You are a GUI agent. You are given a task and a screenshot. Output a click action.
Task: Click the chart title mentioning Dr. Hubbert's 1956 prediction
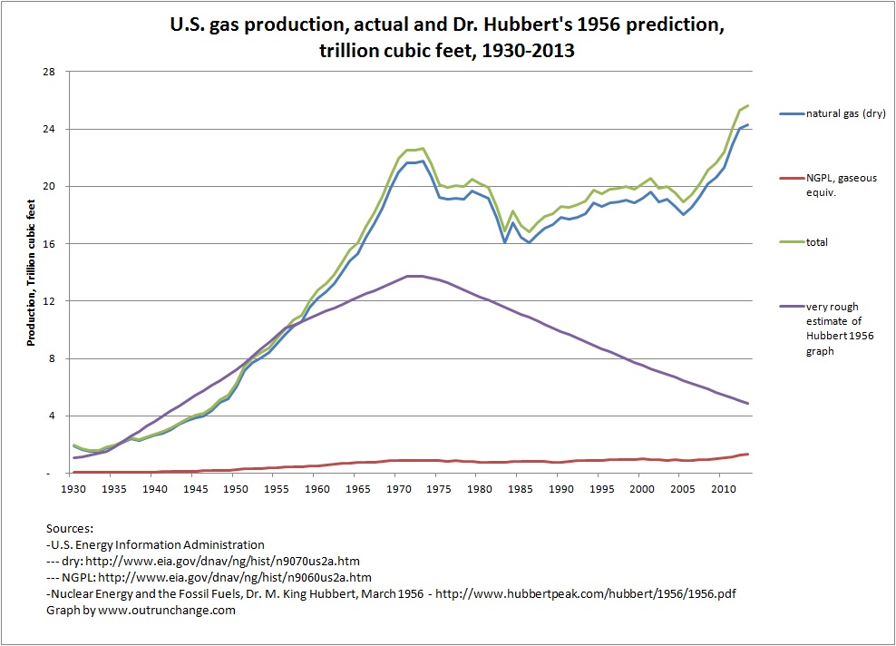point(447,36)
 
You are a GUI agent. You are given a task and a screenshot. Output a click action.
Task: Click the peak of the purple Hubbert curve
point(414,276)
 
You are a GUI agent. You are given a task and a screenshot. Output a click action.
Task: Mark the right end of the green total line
point(747,105)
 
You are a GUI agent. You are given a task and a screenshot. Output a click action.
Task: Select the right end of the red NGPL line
point(747,454)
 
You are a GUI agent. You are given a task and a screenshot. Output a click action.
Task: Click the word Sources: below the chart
point(70,529)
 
